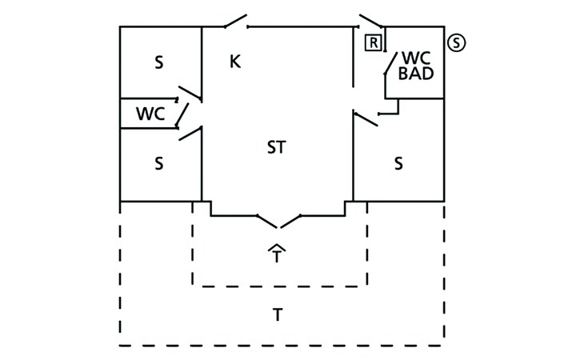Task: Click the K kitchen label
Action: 235,62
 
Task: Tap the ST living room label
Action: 276,147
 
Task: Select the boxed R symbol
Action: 373,43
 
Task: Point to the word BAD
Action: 416,74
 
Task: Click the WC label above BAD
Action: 416,58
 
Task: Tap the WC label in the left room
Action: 150,114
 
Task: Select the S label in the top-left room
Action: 158,63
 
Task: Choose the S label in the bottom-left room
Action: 158,164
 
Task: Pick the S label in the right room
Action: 398,164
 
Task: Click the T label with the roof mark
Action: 277,257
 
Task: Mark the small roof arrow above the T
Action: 277,247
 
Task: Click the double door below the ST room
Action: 278,221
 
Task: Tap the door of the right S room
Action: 366,118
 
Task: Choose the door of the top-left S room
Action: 190,93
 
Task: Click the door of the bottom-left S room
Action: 190,133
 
